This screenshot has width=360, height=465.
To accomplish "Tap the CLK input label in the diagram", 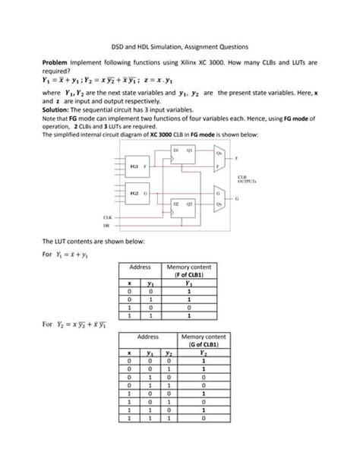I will pyautogui.click(x=107, y=217).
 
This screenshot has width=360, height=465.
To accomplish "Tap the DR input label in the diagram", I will pyautogui.click(x=107, y=226).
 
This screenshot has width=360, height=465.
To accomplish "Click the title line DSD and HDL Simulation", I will pyautogui.click(x=180, y=47).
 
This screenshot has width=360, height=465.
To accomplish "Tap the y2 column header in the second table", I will pyautogui.click(x=166, y=353).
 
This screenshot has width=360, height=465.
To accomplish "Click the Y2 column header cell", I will pyautogui.click(x=204, y=353).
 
